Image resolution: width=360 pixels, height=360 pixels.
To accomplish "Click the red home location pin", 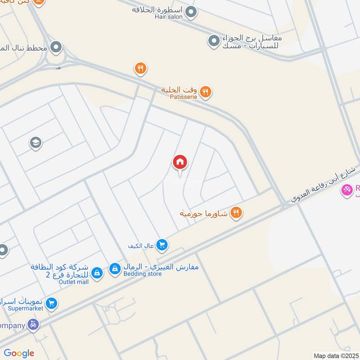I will tap(180, 162).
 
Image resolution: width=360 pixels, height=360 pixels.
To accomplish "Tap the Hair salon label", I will tap(169, 17).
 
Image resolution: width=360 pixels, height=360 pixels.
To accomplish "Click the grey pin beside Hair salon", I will tap(191, 12).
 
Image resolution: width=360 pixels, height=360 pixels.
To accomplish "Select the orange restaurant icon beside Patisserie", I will tap(205, 92).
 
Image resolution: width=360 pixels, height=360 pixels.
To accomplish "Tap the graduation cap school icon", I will tap(35, 143).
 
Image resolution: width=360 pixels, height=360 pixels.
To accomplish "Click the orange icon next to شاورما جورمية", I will tap(236, 212).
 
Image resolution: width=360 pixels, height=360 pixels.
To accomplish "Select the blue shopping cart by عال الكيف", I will tap(162, 245).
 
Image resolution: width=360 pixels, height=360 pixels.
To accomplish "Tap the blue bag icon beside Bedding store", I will tap(115, 269).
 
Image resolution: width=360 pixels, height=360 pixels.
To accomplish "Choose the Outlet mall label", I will tap(74, 282).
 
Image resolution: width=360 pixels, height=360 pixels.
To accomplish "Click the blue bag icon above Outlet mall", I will tap(96, 272).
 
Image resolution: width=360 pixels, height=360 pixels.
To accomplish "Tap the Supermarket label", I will tap(26, 309).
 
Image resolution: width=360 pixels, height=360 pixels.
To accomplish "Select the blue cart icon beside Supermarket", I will tap(51, 304).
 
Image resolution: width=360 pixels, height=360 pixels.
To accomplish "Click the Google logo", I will tap(19, 353).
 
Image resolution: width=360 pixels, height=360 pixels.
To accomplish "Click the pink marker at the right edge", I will tap(347, 191).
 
